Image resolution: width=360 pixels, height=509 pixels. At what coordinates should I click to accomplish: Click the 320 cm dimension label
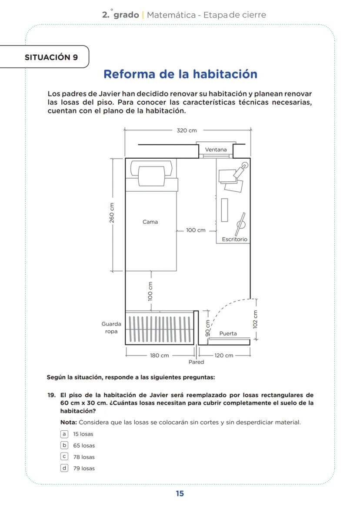click(187, 130)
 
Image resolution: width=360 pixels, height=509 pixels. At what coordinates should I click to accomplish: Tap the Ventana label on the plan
click(216, 150)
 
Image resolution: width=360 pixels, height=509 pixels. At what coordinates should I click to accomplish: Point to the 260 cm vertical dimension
click(112, 213)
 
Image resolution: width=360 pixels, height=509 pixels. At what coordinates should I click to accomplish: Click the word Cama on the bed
click(150, 222)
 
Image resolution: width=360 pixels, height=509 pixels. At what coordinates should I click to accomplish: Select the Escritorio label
click(234, 239)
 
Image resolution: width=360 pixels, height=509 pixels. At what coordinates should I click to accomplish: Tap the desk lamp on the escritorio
click(241, 170)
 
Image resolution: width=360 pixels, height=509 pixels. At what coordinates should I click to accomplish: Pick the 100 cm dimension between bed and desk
click(196, 230)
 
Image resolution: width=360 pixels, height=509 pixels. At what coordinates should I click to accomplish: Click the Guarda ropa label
click(111, 328)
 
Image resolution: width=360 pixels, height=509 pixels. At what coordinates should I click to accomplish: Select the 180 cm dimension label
click(159, 356)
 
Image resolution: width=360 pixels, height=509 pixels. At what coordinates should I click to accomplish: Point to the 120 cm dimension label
click(224, 356)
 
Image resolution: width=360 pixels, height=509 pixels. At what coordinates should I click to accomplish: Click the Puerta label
click(228, 333)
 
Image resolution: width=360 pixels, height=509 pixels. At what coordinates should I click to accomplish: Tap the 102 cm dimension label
click(256, 319)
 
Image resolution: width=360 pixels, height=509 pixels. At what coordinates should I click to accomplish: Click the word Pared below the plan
click(196, 362)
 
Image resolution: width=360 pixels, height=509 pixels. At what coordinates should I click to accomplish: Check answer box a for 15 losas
click(64, 434)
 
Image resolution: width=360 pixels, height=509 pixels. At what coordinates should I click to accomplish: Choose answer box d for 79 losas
click(64, 468)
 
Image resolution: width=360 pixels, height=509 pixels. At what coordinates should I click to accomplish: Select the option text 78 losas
click(83, 457)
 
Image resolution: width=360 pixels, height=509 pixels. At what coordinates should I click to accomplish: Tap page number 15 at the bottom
click(180, 493)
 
